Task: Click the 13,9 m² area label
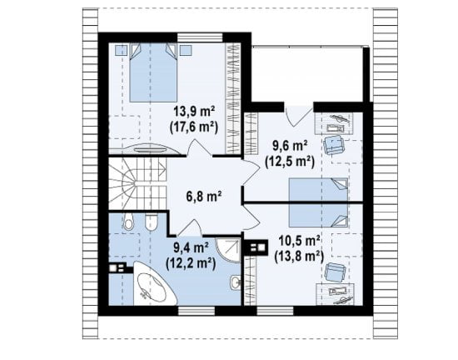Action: [x=195, y=112]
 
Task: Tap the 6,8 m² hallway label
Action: [x=203, y=196]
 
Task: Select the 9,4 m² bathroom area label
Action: [x=191, y=248]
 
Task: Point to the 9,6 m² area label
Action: [x=290, y=146]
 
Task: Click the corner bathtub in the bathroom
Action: [x=155, y=283]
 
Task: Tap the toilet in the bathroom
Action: [x=128, y=222]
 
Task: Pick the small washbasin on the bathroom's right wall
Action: [x=236, y=282]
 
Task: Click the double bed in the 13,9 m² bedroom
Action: [x=153, y=72]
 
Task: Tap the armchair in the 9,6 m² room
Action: [x=334, y=144]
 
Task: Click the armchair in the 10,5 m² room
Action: [x=335, y=272]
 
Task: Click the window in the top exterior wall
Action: [x=200, y=37]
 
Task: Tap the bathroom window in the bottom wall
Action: [x=197, y=311]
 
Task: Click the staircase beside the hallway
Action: [x=137, y=184]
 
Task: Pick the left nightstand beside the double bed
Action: [x=121, y=50]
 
